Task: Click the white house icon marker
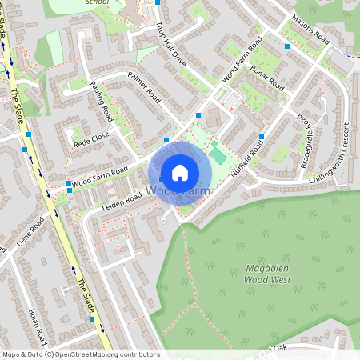[x=180, y=172]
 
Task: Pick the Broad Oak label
[x=269, y=348]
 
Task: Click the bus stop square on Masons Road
[x=286, y=46]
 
